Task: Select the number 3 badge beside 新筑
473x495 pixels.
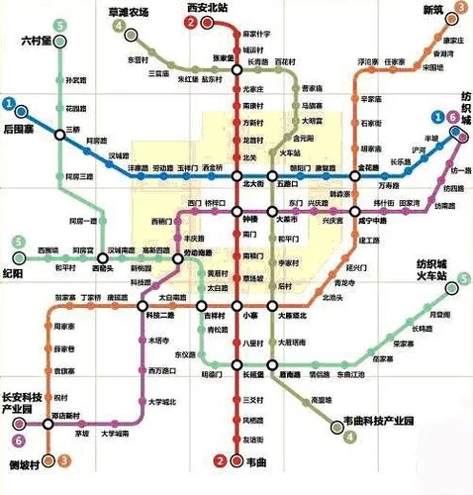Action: pyautogui.click(x=461, y=8)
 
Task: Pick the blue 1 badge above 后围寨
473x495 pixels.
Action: pyautogui.click(x=9, y=102)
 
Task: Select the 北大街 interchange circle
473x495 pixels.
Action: pyautogui.click(x=236, y=170)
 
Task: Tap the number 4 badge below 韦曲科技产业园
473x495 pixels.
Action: pyautogui.click(x=327, y=429)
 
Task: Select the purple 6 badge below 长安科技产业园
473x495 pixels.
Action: pyautogui.click(x=17, y=441)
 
